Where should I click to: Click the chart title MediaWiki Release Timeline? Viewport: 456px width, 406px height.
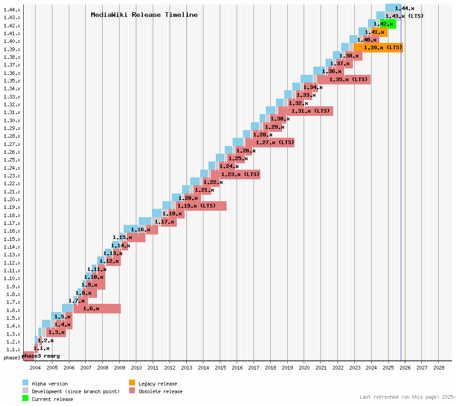[144, 15]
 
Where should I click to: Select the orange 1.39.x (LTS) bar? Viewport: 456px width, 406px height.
[378, 47]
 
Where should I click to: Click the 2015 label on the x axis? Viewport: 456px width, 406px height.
[220, 367]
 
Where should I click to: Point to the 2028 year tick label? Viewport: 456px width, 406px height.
[439, 367]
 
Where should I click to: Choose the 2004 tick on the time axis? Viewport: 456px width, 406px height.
[35, 367]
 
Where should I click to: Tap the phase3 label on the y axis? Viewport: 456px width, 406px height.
[12, 357]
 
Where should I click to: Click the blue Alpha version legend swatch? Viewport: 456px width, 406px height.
[25, 383]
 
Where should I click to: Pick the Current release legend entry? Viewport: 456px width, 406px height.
[52, 399]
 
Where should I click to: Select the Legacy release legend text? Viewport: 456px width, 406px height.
[158, 384]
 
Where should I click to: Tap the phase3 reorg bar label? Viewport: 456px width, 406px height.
[41, 356]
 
